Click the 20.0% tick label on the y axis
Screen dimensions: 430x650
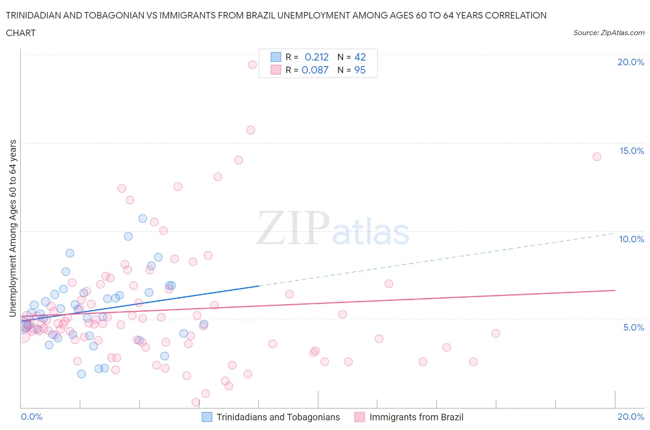tap(631, 62)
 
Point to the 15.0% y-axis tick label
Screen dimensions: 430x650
tap(632, 151)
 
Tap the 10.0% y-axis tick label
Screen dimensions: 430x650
tap(632, 239)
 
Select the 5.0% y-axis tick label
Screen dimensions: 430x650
tap(633, 327)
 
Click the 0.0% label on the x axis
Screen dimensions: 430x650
tap(31, 417)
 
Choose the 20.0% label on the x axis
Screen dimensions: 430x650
tap(631, 417)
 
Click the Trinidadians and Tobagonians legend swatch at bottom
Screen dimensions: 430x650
tap(207, 417)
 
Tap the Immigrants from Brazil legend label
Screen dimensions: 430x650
tap(416, 417)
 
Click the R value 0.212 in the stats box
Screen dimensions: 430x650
tap(317, 57)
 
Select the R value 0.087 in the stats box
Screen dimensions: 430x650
tap(315, 70)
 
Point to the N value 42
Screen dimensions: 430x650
tap(360, 57)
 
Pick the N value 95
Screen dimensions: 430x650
tap(360, 70)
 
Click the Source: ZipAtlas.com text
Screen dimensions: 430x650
tap(608, 32)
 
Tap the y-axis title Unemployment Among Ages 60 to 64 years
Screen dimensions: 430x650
tap(12, 228)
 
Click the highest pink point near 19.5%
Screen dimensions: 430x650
tap(252, 65)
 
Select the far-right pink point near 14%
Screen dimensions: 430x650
tap(597, 157)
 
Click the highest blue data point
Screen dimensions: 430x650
tap(143, 218)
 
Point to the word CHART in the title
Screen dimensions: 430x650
tap(21, 33)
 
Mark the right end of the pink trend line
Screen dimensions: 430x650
tap(615, 290)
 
